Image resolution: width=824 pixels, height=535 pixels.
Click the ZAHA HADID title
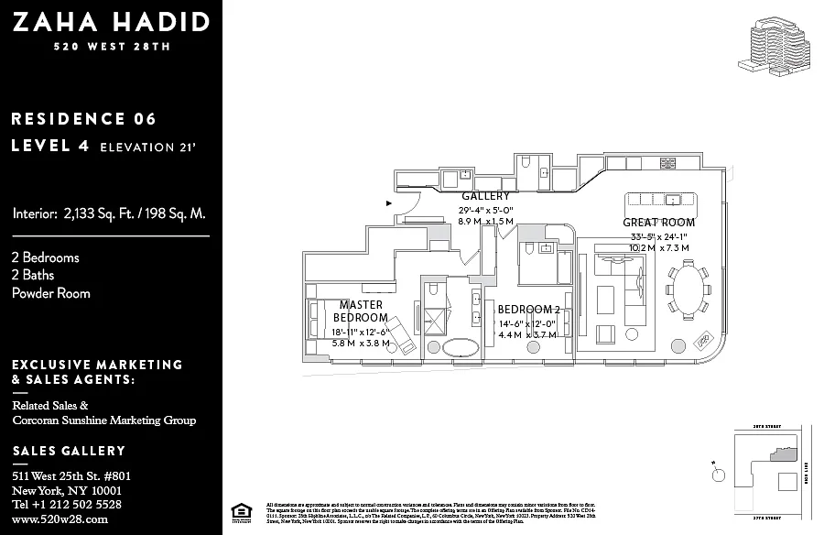[111, 22]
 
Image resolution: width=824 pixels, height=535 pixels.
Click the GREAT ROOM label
[658, 223]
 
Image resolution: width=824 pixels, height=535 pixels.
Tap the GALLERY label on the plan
[485, 196]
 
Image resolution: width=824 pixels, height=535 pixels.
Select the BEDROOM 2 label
[528, 310]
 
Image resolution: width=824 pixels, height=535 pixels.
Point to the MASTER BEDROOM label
[361, 311]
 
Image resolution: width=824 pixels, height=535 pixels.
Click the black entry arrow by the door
[389, 202]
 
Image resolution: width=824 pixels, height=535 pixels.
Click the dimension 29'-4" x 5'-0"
[485, 210]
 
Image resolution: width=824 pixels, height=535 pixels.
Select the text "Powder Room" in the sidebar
[51, 293]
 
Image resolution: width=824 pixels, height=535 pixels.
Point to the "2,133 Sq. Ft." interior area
[101, 214]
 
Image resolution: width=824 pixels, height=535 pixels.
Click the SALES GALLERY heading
[69, 452]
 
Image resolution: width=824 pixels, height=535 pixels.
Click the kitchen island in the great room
[665, 200]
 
